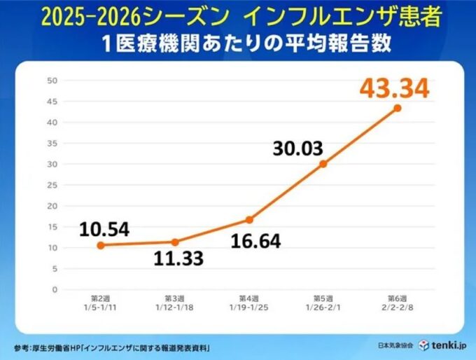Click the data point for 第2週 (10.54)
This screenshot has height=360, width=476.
100,245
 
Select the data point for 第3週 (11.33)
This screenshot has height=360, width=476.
174,242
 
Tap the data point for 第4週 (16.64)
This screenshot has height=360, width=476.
248,219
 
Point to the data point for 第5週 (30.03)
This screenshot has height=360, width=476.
323,164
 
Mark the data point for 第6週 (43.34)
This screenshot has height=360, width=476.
397,108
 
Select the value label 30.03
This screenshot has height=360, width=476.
302,148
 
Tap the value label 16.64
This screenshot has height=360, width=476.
255,242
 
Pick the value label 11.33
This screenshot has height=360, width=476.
178,258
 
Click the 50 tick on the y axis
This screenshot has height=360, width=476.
52,80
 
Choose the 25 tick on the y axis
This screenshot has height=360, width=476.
52,185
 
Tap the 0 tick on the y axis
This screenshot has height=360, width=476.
54,289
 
